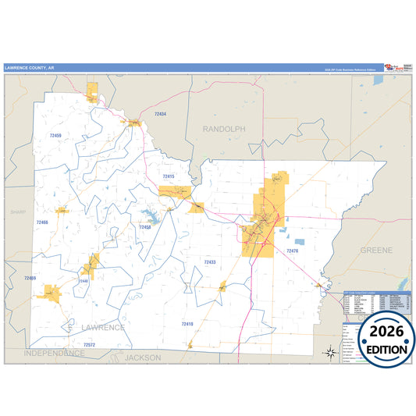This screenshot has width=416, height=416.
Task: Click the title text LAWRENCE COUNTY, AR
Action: tap(30, 68)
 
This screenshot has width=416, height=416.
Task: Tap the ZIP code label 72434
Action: tap(160, 114)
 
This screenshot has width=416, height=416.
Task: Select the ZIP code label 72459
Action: tap(55, 136)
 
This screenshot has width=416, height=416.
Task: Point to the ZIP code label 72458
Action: tap(145, 227)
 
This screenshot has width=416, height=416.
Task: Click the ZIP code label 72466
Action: tap(42, 222)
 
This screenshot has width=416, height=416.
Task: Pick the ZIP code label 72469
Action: tap(30, 278)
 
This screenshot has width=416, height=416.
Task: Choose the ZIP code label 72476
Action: tap(292, 251)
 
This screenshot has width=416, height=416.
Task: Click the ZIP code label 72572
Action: tap(89, 344)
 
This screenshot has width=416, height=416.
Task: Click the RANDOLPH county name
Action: tap(224, 128)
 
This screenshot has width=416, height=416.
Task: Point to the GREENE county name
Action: tap(377, 250)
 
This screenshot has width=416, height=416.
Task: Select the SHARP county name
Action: tap(18, 212)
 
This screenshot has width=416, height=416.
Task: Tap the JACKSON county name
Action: tap(143, 357)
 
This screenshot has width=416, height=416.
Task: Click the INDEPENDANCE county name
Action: tap(54, 354)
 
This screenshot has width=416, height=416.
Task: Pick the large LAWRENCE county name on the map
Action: tap(102, 328)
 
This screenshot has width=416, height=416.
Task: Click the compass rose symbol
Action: tap(330, 352)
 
